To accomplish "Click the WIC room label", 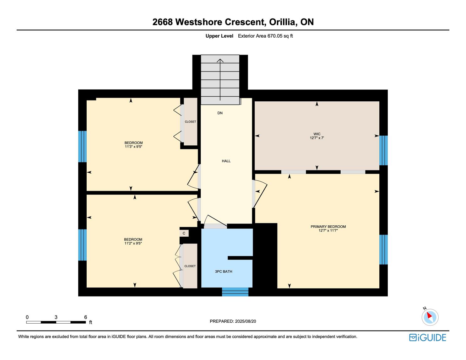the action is (x=317, y=134).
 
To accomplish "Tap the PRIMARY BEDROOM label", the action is (x=328, y=227).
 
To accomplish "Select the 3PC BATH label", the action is (x=224, y=271).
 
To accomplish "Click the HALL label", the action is (x=226, y=161).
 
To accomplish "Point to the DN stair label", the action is (x=220, y=113).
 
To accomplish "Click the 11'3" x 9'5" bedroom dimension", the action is (x=133, y=147).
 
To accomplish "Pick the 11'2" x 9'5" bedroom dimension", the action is (x=133, y=244).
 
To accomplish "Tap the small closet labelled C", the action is (x=184, y=233).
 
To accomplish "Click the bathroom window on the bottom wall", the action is (x=235, y=292).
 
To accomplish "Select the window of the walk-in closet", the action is (x=383, y=150).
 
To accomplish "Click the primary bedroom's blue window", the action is (x=383, y=250).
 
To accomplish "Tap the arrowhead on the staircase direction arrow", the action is (x=220, y=61).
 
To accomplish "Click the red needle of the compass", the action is (x=429, y=315).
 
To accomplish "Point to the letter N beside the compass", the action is (x=425, y=308).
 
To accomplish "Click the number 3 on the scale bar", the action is (x=56, y=317).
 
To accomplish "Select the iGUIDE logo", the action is (x=427, y=337).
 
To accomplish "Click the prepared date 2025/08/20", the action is (x=245, y=321).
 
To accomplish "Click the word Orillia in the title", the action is (x=283, y=22).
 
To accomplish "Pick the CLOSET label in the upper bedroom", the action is (x=190, y=122).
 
